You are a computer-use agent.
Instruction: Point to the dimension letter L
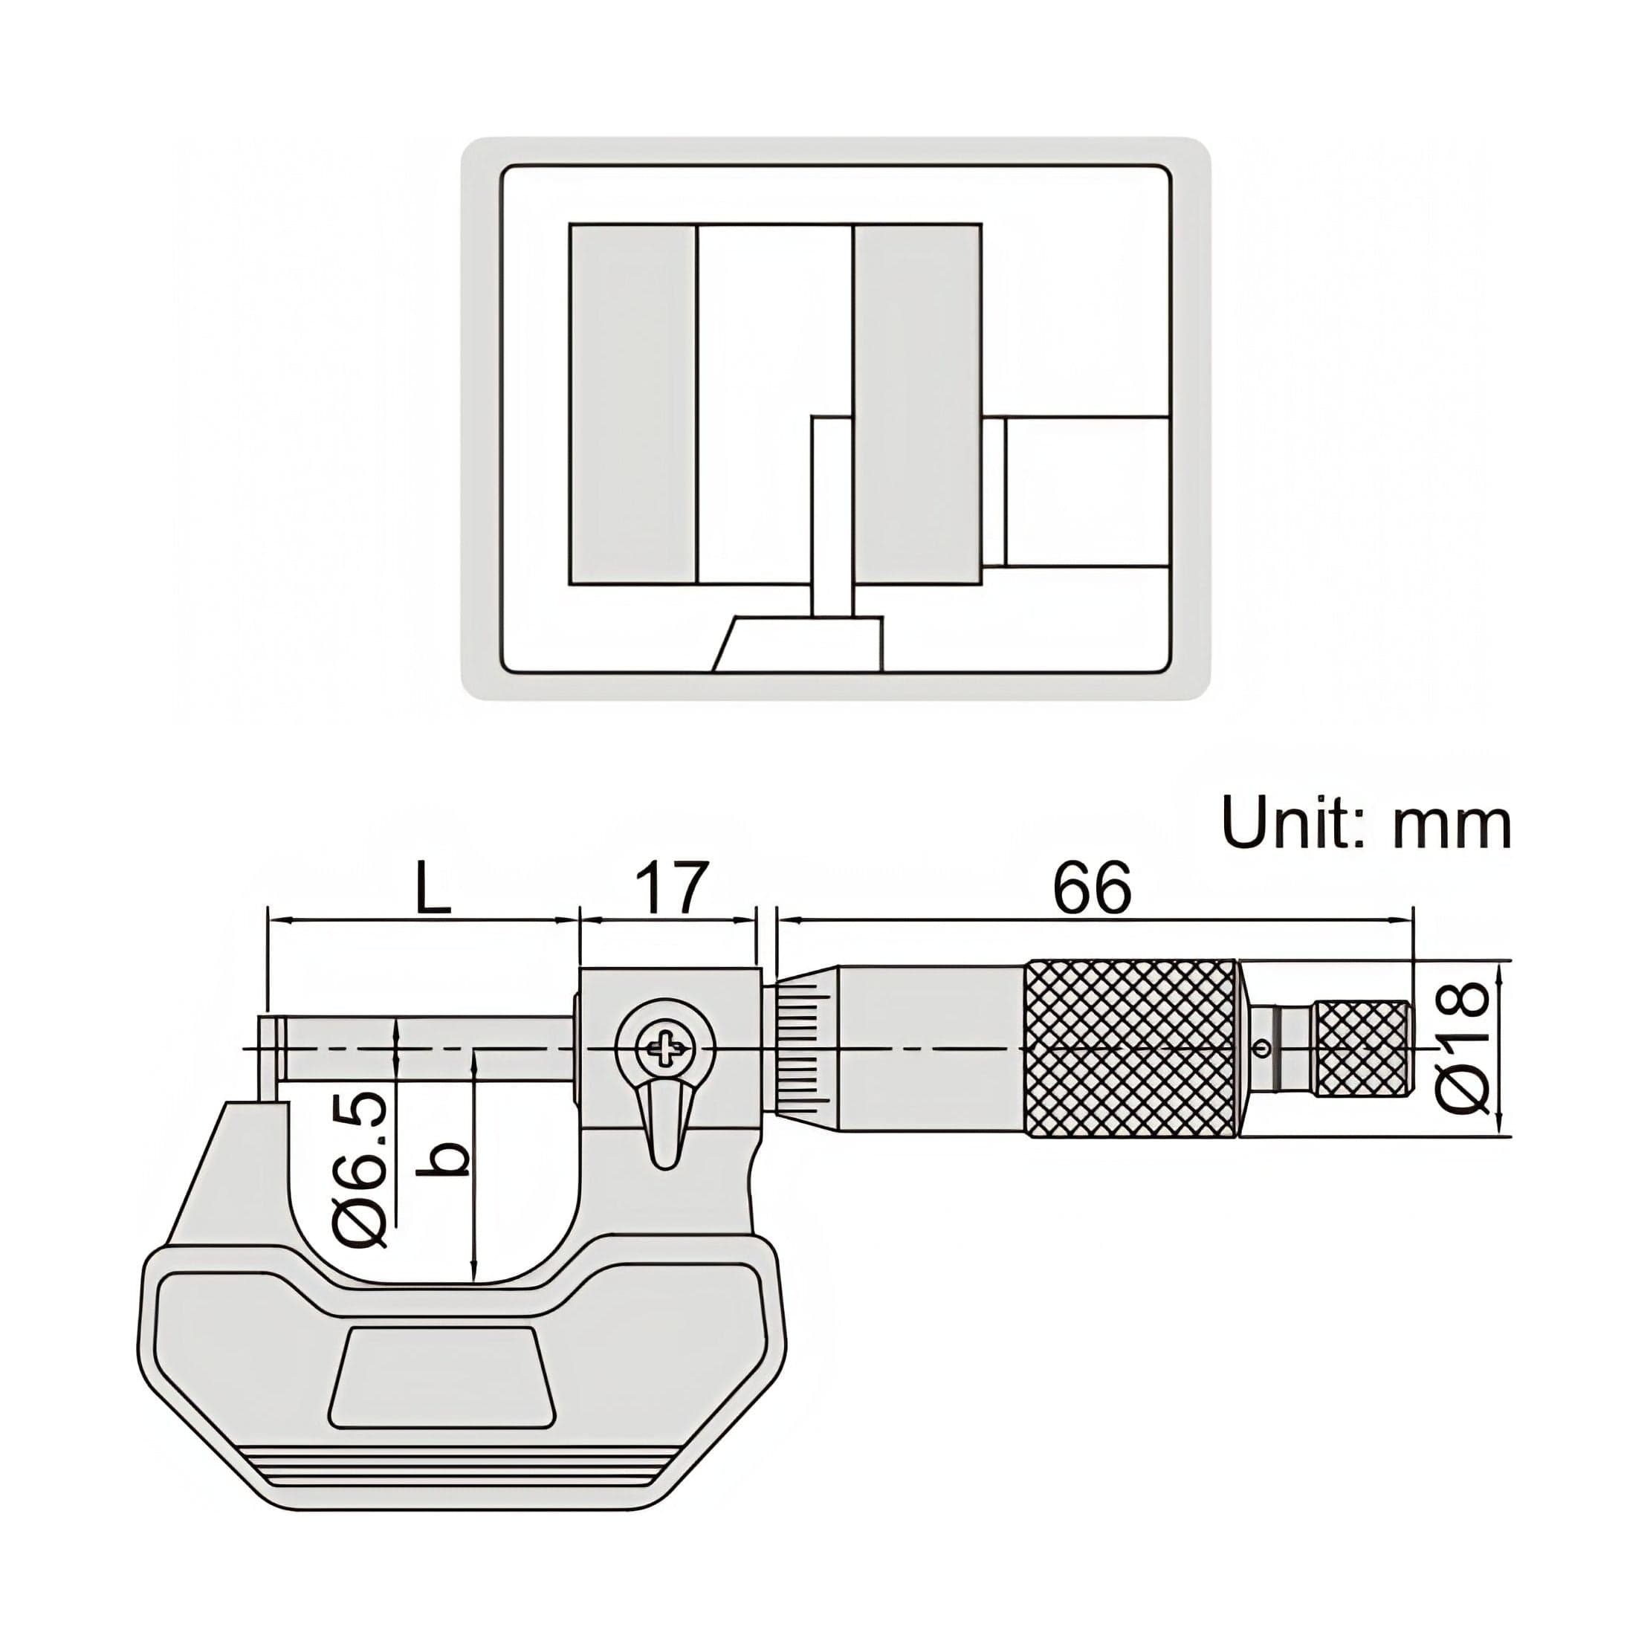click(434, 890)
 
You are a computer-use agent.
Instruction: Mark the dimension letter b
click(446, 1159)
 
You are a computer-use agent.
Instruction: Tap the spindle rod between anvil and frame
click(427, 1047)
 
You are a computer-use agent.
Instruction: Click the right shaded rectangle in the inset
click(917, 405)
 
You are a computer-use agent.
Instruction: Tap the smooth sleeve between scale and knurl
click(931, 1049)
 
